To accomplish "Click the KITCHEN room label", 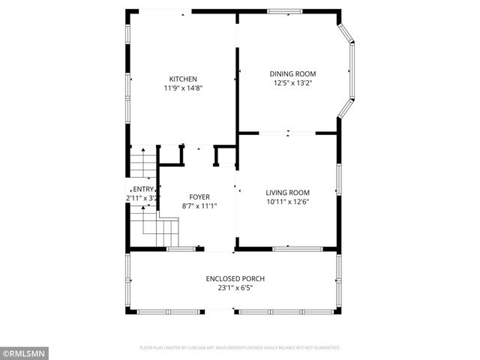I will click(x=183, y=79).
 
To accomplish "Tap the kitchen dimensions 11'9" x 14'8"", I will click(x=183, y=88).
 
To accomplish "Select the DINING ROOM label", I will click(x=292, y=73).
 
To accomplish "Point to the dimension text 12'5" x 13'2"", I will click(x=292, y=83).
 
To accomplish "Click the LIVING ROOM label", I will click(x=287, y=192).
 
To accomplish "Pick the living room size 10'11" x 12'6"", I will click(x=287, y=202).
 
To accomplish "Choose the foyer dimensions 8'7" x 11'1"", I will click(x=199, y=206).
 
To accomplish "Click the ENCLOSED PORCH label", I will click(x=235, y=279).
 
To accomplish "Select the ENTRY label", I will click(x=143, y=189).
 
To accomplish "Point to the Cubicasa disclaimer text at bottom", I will click(x=240, y=348).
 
